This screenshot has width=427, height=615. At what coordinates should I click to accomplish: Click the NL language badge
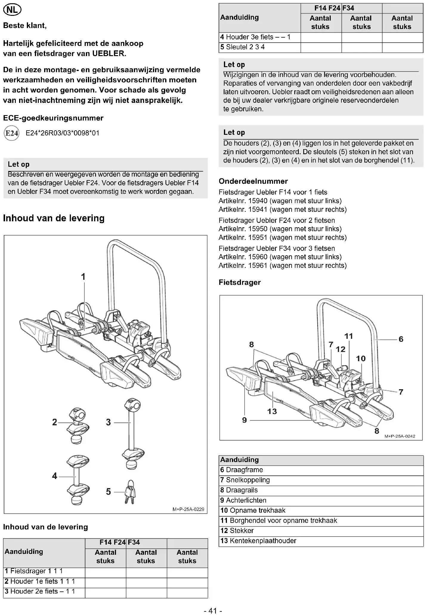pyautogui.click(x=12, y=10)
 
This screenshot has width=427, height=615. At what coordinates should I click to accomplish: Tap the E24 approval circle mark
pyautogui.click(x=12, y=133)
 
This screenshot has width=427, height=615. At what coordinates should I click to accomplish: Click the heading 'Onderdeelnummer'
pyautogui.click(x=253, y=181)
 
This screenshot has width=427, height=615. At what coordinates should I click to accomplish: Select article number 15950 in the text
pyautogui.click(x=258, y=229)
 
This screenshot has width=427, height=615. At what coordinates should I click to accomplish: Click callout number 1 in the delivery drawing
pyautogui.click(x=83, y=277)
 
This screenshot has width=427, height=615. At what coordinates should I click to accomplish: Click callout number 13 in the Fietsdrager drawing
pyautogui.click(x=272, y=412)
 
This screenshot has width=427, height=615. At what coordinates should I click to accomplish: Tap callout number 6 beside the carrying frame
pyautogui.click(x=401, y=339)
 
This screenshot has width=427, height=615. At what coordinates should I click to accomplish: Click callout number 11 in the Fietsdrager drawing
pyautogui.click(x=349, y=336)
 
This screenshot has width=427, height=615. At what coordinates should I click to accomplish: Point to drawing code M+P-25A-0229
pyautogui.click(x=188, y=509)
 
